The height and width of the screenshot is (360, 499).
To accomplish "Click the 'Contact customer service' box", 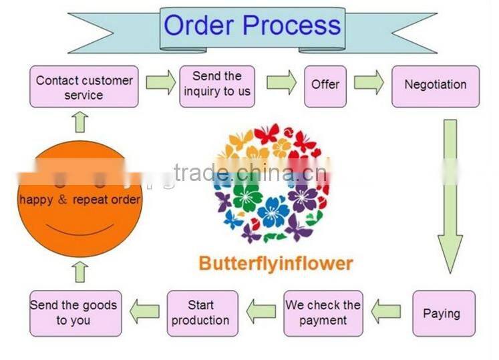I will coord(84,87).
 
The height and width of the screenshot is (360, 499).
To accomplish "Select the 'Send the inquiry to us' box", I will coord(217,84).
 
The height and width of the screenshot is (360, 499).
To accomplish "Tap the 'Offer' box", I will coord(325,85).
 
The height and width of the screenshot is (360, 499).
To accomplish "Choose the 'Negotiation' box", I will coord(435,85).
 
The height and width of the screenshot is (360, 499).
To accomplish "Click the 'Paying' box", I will coord(442,313).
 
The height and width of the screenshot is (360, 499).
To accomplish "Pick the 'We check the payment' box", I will coord(323,313).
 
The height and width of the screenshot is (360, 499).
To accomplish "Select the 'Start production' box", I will coord(201,313).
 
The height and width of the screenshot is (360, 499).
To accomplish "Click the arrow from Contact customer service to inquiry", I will coord(160,83).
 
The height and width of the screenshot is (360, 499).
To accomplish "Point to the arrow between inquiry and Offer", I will coord(281,82).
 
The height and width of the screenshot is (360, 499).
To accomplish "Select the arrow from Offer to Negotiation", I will coord(369,82).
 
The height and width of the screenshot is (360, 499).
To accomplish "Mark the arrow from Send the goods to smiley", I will coord(81,272).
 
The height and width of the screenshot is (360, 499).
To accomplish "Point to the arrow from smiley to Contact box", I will coord(81,122).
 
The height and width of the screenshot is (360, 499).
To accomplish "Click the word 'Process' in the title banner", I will coord(291,25).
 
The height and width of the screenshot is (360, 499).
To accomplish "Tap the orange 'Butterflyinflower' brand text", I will coord(275,263).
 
